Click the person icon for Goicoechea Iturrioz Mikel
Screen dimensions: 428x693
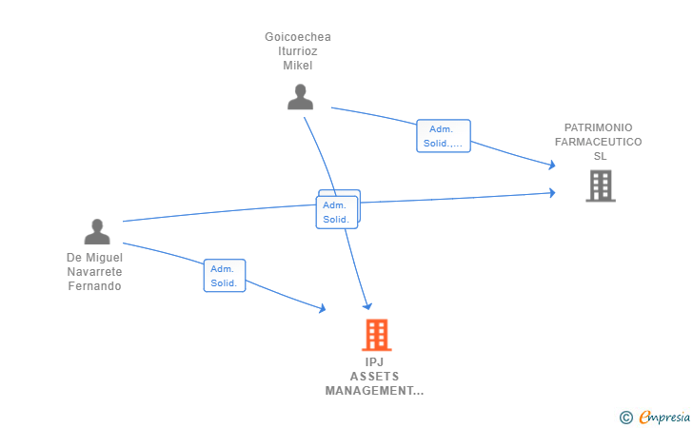click(301, 97)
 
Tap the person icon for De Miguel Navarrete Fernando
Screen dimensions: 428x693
click(97, 232)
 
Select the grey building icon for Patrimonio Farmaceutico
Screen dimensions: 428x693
click(600, 185)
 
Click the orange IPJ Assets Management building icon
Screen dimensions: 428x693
click(376, 335)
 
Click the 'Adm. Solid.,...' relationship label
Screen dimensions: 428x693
click(444, 136)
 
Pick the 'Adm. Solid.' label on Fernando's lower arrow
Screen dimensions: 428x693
click(225, 276)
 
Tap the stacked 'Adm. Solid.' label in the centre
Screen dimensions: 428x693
click(336, 211)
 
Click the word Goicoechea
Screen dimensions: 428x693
click(298, 37)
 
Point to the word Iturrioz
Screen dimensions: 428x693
click(298, 51)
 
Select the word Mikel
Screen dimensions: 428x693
click(298, 66)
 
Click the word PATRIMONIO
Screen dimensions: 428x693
click(598, 127)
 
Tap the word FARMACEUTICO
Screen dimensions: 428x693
click(598, 142)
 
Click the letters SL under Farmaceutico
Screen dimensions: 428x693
click(600, 156)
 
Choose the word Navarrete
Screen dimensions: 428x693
click(94, 272)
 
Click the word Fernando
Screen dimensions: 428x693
click(94, 286)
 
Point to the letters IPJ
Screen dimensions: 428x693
click(374, 362)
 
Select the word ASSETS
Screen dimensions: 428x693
click(374, 377)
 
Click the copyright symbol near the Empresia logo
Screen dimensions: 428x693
click(625, 417)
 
